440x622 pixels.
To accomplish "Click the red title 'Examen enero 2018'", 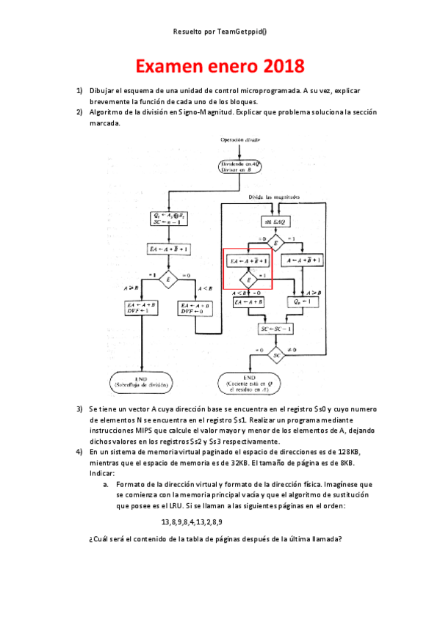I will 220,67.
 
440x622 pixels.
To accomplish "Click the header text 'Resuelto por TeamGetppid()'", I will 220,32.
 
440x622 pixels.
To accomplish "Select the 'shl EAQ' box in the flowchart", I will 276,221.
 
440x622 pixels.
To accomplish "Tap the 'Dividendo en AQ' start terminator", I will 239,166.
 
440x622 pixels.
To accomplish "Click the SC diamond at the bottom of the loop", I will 276,355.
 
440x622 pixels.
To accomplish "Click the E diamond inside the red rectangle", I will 249,280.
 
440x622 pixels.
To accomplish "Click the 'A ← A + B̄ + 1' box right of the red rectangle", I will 303,260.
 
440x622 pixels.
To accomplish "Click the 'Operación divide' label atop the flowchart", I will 239,139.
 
